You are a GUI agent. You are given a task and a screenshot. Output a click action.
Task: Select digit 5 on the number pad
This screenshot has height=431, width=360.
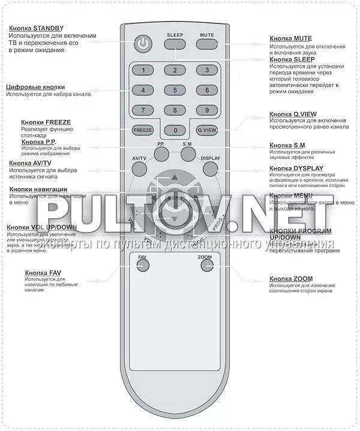(x=175, y=91)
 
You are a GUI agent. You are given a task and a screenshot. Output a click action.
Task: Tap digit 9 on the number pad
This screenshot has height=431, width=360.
(x=206, y=110)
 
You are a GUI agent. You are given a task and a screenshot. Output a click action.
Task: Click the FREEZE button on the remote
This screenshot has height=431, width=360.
(x=143, y=129)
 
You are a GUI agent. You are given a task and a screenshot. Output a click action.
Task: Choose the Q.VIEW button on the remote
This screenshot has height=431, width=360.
(x=206, y=129)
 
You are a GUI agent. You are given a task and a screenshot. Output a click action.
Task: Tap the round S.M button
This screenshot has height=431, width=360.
(x=188, y=154)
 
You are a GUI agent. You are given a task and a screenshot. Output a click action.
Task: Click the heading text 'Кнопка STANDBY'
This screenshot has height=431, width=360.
(x=37, y=28)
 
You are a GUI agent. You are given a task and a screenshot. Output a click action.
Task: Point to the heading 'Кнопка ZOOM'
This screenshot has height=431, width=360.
(x=291, y=279)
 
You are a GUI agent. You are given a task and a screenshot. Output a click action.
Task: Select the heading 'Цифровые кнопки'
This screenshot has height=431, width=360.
(x=35, y=87)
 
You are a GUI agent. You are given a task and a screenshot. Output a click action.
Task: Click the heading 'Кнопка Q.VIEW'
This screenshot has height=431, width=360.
(x=293, y=114)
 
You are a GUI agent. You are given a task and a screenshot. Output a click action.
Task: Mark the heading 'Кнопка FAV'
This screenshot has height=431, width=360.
(x=43, y=273)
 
